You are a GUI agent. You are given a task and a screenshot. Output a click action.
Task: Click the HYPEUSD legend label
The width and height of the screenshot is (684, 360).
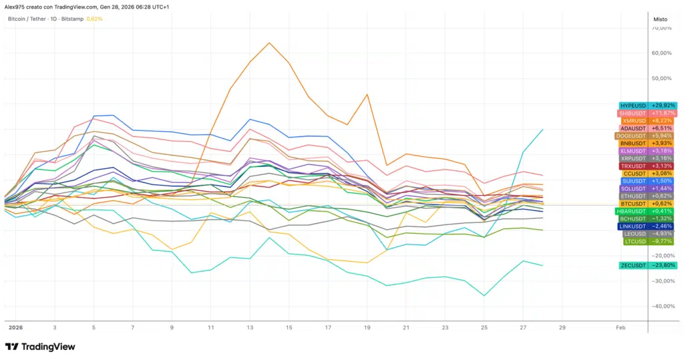tap(633, 106)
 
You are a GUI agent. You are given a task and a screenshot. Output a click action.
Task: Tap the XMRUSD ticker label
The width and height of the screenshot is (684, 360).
tap(633, 121)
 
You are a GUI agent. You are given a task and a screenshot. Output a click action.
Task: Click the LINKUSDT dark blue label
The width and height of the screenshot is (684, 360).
tap(633, 226)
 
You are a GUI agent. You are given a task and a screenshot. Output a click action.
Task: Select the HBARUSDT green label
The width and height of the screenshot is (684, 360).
tap(631, 211)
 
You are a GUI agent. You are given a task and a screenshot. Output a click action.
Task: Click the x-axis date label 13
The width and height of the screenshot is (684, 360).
tap(249, 328)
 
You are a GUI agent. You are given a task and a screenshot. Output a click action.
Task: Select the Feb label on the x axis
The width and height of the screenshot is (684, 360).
tap(620, 328)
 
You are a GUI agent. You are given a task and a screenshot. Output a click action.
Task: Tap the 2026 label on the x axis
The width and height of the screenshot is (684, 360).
tap(15, 328)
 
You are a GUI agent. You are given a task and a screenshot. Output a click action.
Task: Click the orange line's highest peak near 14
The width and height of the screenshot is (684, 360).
tap(269, 43)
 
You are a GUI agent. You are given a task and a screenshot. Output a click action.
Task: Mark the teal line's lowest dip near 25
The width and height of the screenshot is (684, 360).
tap(484, 295)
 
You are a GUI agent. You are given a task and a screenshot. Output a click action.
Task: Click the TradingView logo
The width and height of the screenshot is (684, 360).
tap(40, 347)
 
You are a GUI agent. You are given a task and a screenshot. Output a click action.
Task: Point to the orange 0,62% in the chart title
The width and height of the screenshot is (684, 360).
tap(95, 19)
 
